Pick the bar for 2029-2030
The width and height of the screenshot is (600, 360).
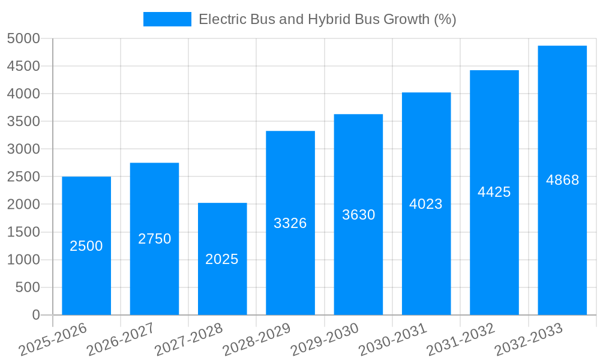click(x=358, y=264)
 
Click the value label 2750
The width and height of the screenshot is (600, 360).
click(x=154, y=239)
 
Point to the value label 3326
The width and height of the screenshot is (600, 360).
click(x=290, y=223)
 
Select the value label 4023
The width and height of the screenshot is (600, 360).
click(x=426, y=204)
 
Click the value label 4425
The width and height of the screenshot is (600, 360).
click(x=494, y=192)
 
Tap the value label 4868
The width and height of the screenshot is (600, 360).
click(x=562, y=180)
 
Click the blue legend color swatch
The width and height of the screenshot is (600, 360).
click(x=167, y=19)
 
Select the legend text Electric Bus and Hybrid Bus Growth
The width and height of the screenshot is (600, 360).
click(x=327, y=19)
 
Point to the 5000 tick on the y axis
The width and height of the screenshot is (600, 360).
click(x=23, y=38)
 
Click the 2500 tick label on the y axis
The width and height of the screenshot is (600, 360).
click(x=23, y=177)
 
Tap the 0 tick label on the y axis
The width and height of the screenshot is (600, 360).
click(x=36, y=315)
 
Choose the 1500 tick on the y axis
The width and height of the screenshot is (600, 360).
click(x=23, y=232)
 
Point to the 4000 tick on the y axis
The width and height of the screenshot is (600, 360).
click(x=23, y=94)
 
